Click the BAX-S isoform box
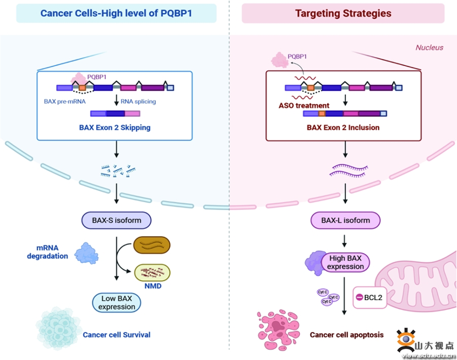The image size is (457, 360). coord(116,221)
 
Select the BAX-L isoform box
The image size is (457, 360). coord(345,221)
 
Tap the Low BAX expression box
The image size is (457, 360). coord(116,303)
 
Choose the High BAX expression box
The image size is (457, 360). coord(345,263)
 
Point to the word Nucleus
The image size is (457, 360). coord(429,48)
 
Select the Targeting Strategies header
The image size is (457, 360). coord(343,14)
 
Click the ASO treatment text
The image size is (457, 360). coord(304,105)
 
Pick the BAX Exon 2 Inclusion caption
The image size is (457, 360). coord(343,127)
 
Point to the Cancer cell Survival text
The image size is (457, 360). coord(116,334)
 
